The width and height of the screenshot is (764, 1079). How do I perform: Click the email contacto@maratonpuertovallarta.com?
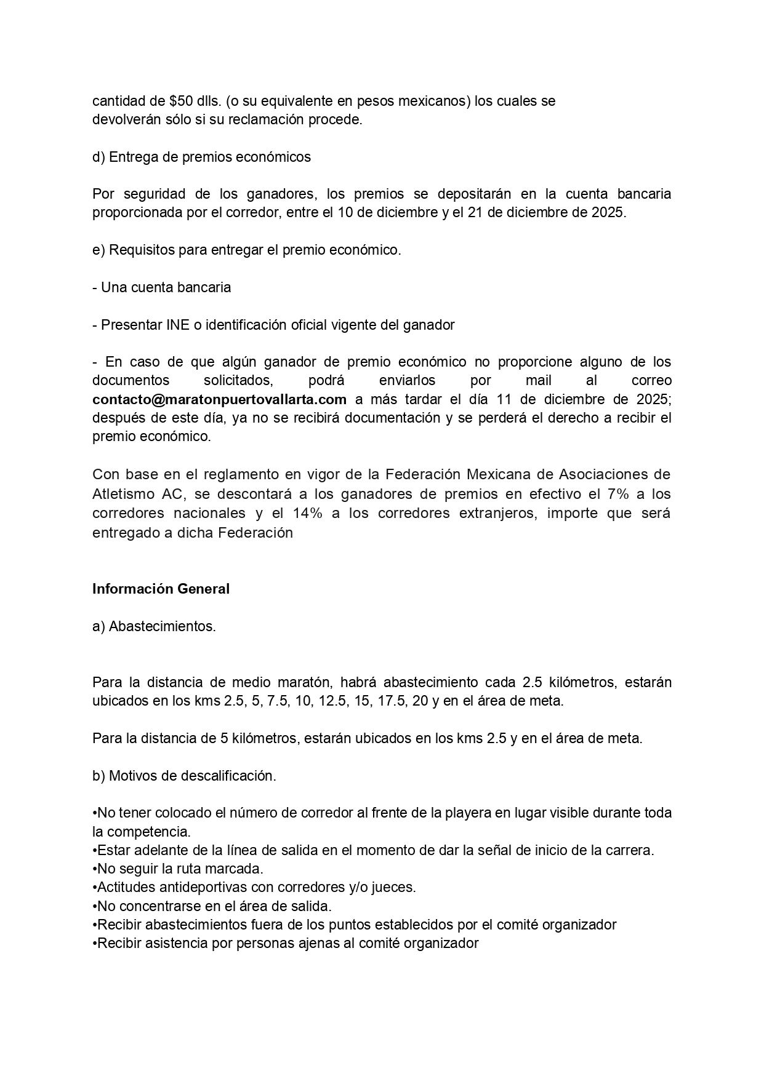point(219,399)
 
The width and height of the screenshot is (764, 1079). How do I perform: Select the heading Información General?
point(161,589)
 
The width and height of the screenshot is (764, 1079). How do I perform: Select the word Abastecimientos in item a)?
point(162,626)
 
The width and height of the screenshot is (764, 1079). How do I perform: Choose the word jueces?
point(396,888)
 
